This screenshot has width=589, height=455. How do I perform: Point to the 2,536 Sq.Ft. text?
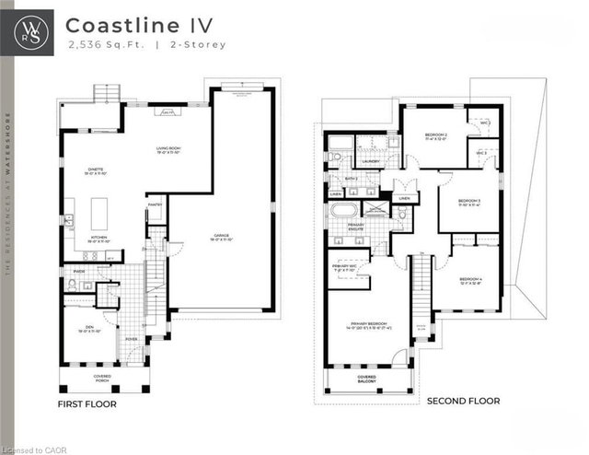[97, 44]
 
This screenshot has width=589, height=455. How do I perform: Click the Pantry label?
[155, 205]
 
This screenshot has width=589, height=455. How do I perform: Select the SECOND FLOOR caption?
[463, 402]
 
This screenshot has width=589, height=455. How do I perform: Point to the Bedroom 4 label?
[471, 280]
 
